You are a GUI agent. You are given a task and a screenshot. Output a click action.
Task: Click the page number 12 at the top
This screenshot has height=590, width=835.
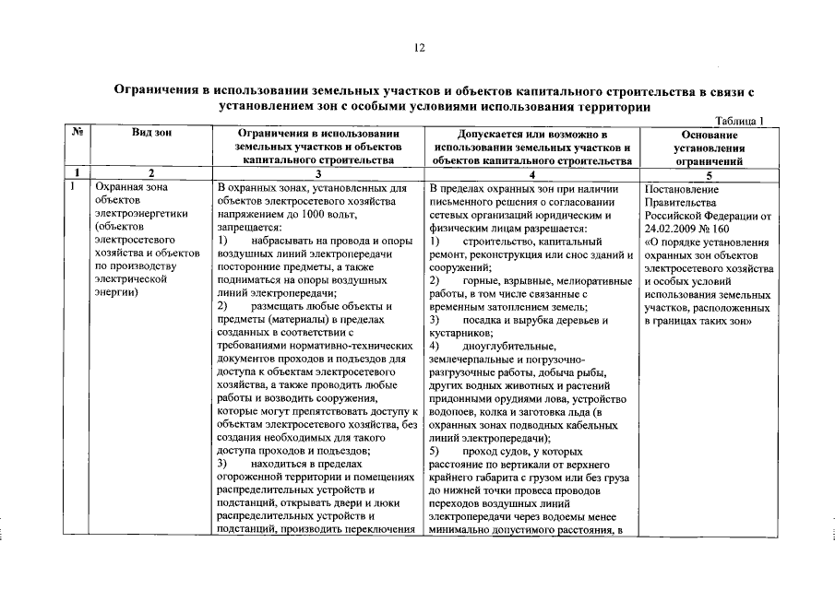tap(418, 48)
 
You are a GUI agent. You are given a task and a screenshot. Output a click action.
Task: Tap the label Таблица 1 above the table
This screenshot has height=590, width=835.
tap(741, 120)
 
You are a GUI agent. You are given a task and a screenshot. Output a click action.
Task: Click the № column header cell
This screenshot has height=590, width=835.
tap(78, 134)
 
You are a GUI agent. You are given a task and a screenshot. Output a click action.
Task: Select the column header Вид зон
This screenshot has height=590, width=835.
tap(151, 134)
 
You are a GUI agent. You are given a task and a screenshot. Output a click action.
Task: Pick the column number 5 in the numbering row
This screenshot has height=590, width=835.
tap(709, 173)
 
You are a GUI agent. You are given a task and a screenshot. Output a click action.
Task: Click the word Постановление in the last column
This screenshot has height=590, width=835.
tap(682, 189)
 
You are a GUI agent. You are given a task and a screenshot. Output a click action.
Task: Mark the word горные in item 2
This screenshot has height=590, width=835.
tap(479, 279)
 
